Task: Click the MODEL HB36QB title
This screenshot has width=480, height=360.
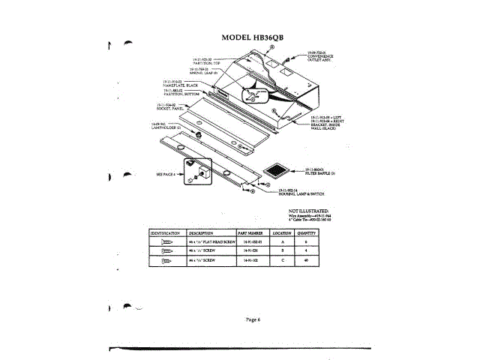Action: tap(255, 37)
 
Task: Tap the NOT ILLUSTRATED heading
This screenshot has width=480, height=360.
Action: tap(309, 211)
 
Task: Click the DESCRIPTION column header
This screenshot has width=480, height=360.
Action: tap(202, 234)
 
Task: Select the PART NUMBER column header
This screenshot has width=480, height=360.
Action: tap(247, 234)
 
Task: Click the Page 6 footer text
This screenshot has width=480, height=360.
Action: tap(253, 319)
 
